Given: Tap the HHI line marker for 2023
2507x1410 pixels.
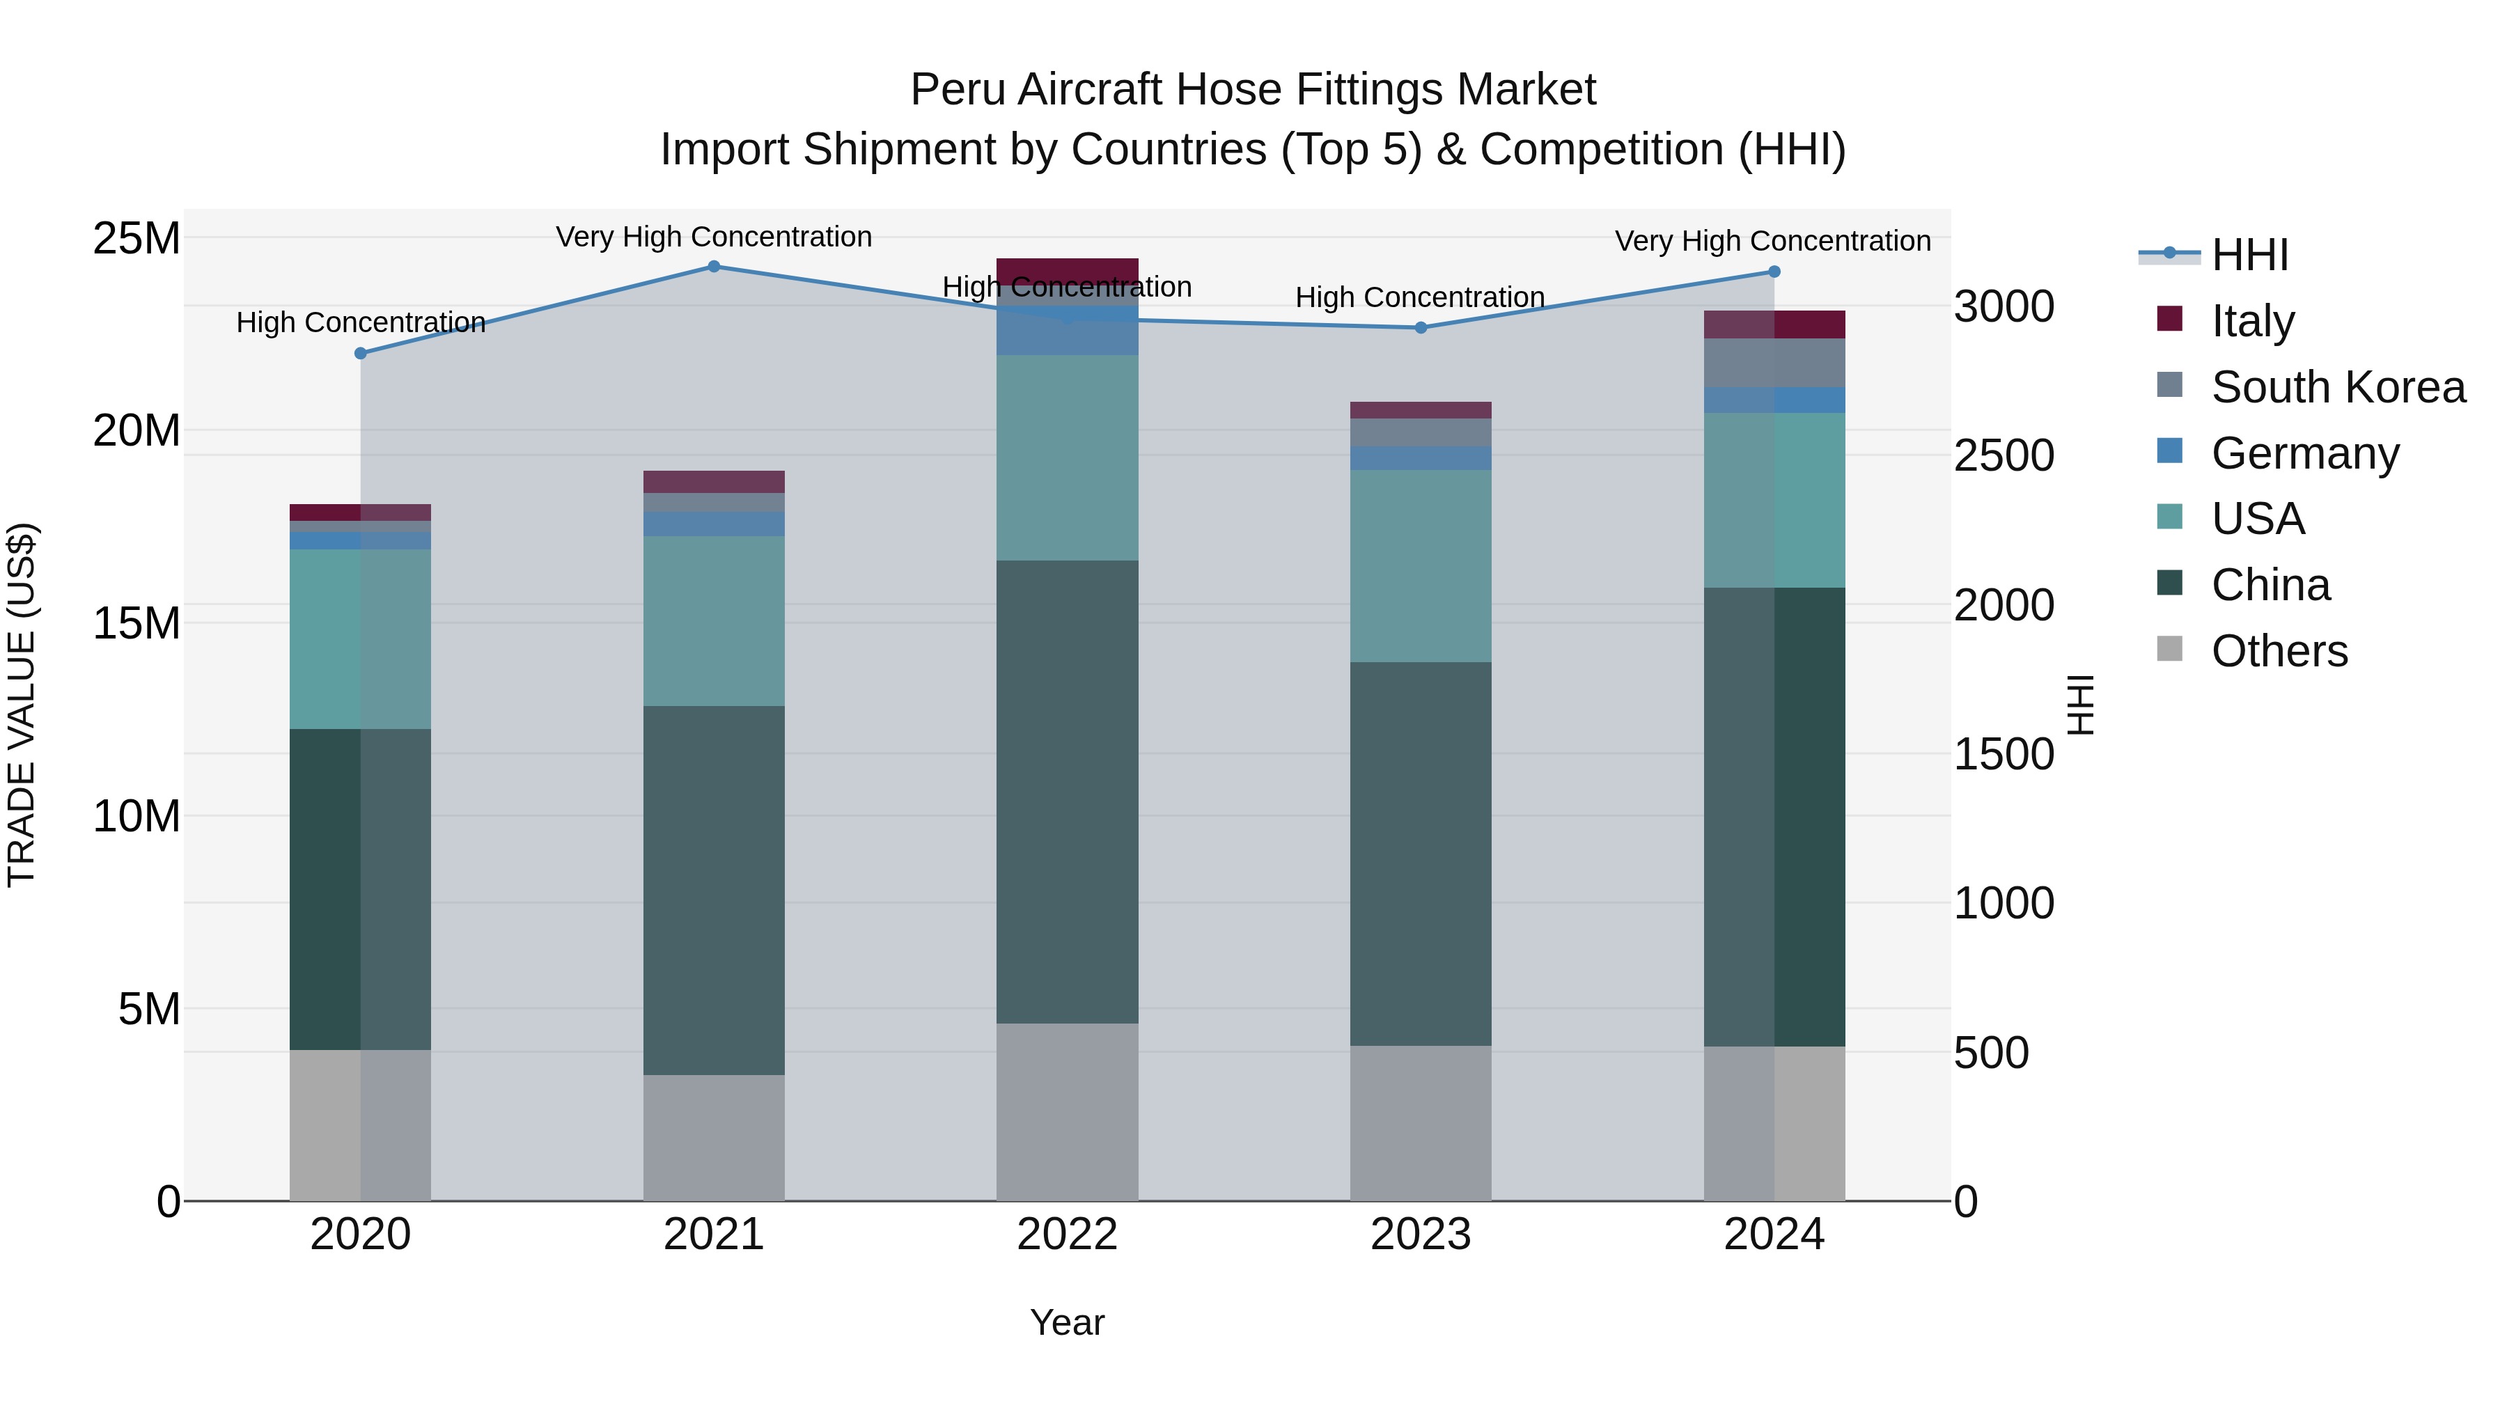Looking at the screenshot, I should pos(1420,328).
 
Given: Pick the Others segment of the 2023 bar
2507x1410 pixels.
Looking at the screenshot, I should pos(1420,1123).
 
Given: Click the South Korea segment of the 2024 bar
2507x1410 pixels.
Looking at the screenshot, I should pos(1774,362).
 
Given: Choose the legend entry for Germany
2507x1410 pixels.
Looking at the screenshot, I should pos(2304,453).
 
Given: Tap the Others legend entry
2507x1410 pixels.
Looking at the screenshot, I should pos(2279,651).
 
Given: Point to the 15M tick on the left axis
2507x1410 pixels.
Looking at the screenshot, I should pos(136,622).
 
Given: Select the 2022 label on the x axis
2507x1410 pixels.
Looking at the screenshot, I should pos(1067,1235).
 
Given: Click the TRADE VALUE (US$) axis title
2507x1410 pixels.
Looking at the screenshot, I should pos(22,705).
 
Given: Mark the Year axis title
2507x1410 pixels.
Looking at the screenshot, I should pos(1067,1322).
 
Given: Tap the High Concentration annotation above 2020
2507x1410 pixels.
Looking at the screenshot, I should pos(360,322).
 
